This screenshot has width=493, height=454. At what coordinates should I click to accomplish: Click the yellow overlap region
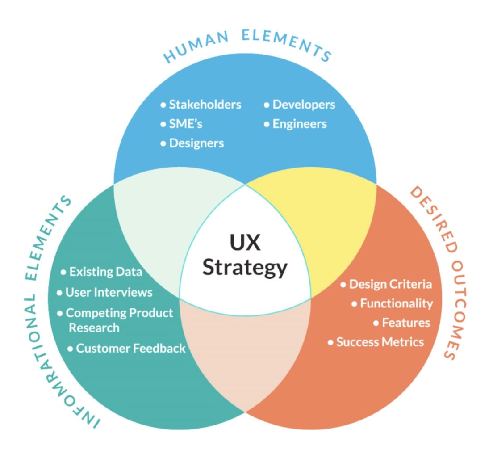click(x=322, y=223)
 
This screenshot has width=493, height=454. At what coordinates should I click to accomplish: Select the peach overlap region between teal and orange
click(x=245, y=357)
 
